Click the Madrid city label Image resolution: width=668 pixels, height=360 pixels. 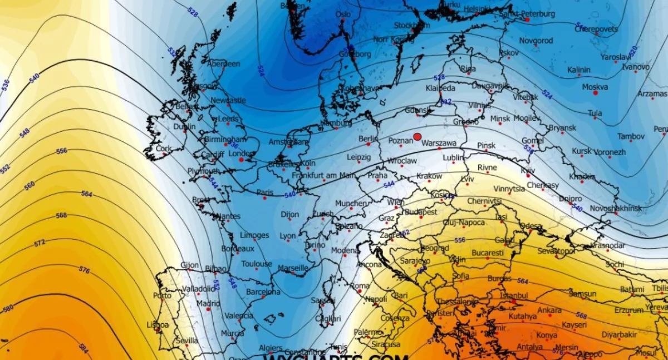pos(208,304)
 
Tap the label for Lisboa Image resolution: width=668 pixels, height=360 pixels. pos(158,324)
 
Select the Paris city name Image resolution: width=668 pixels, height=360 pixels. pos(265,193)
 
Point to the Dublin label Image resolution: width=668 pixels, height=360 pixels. pos(184,126)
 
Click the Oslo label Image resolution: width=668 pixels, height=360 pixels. pos(343,14)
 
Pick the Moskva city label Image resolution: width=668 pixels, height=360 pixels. pos(595,87)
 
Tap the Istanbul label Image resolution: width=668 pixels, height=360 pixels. pos(514,295)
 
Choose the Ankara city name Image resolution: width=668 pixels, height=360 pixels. pos(549,310)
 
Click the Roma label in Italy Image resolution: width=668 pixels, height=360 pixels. pos(360,285)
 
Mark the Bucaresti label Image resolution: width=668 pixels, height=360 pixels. pos(487,253)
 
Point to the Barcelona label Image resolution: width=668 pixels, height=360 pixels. pos(263,292)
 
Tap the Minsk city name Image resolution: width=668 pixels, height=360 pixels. pos(500,119)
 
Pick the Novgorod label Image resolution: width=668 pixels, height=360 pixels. pos(536,41)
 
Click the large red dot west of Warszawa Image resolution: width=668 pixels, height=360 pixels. pos(417,136)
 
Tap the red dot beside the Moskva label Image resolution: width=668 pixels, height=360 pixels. pos(595,93)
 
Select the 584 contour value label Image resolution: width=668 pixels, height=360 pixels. pos(84,348)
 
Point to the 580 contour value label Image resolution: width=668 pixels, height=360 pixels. pos(8,308)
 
